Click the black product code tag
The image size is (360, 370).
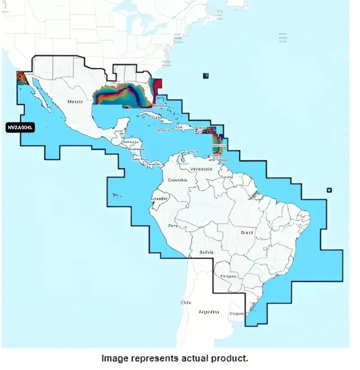(x=20, y=128)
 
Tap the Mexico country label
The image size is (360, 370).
(x=75, y=102)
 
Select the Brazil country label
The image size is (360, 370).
(x=247, y=233)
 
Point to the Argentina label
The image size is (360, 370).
(x=209, y=312)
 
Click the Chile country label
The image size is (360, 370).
(x=185, y=303)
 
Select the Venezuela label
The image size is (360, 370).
(x=201, y=169)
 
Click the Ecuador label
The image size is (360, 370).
(x=160, y=198)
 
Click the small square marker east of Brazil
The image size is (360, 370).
(x=329, y=190)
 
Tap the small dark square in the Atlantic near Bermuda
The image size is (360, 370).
(x=206, y=76)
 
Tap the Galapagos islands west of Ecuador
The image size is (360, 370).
(x=117, y=195)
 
